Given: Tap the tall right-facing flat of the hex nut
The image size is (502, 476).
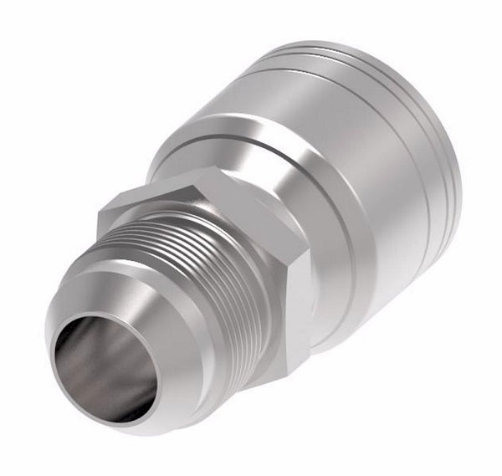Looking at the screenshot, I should (301, 293).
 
